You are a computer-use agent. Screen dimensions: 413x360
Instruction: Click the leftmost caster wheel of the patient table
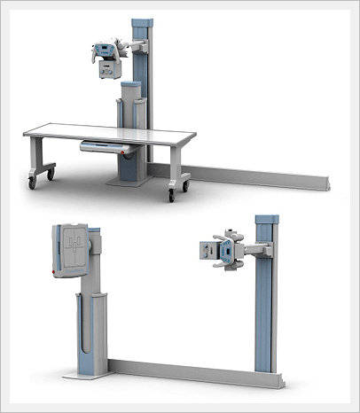33,182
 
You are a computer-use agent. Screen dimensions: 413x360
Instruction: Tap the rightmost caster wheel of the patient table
185,185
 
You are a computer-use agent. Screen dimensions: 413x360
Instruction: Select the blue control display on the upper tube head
106,51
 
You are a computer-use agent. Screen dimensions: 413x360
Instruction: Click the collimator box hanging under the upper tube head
108,69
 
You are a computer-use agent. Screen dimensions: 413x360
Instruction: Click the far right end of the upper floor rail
330,186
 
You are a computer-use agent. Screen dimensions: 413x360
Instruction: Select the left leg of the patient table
40,160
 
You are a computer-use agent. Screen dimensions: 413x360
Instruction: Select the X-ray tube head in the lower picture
220,251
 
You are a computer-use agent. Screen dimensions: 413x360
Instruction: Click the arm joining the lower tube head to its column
248,250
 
